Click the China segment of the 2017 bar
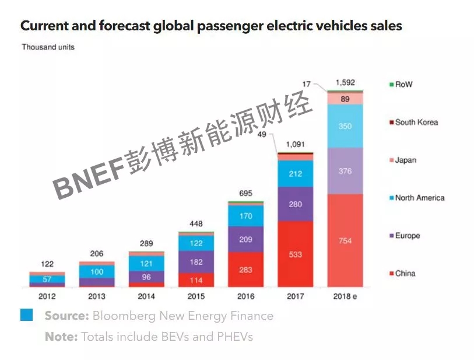(x=296, y=254)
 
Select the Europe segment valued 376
(x=345, y=170)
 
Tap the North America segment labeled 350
(x=345, y=126)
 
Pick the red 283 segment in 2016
(x=245, y=269)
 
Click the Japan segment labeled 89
(x=345, y=99)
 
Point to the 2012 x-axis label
(x=47, y=296)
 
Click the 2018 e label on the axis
(x=345, y=296)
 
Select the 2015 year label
(x=196, y=296)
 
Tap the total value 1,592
(x=345, y=83)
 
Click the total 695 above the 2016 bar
(x=245, y=193)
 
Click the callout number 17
(x=307, y=85)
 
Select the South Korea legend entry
(x=416, y=123)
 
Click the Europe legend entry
(x=407, y=236)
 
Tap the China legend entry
(x=405, y=274)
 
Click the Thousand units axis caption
(x=48, y=47)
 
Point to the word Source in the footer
(x=66, y=316)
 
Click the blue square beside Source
(x=26, y=315)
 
